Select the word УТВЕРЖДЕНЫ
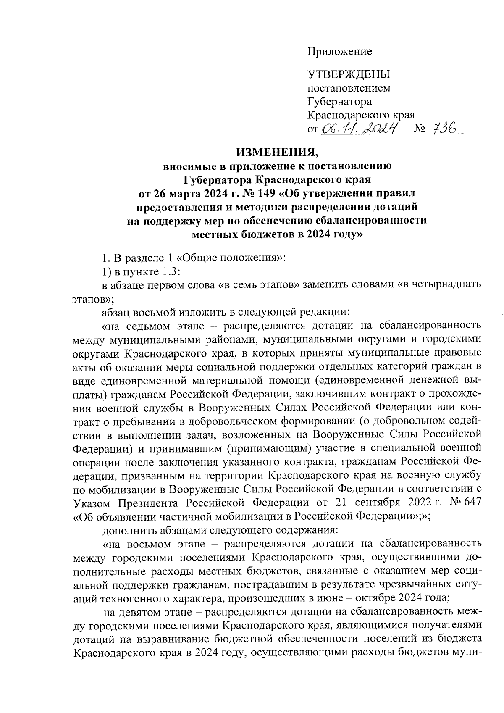[349, 75]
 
